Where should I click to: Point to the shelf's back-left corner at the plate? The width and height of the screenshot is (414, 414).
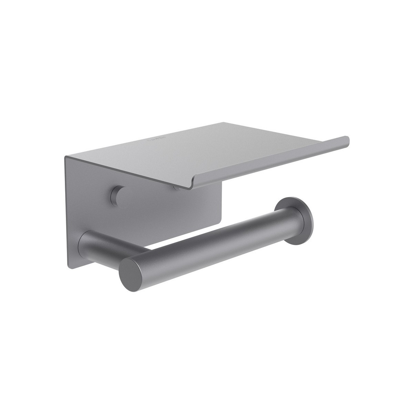pos(66,157)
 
